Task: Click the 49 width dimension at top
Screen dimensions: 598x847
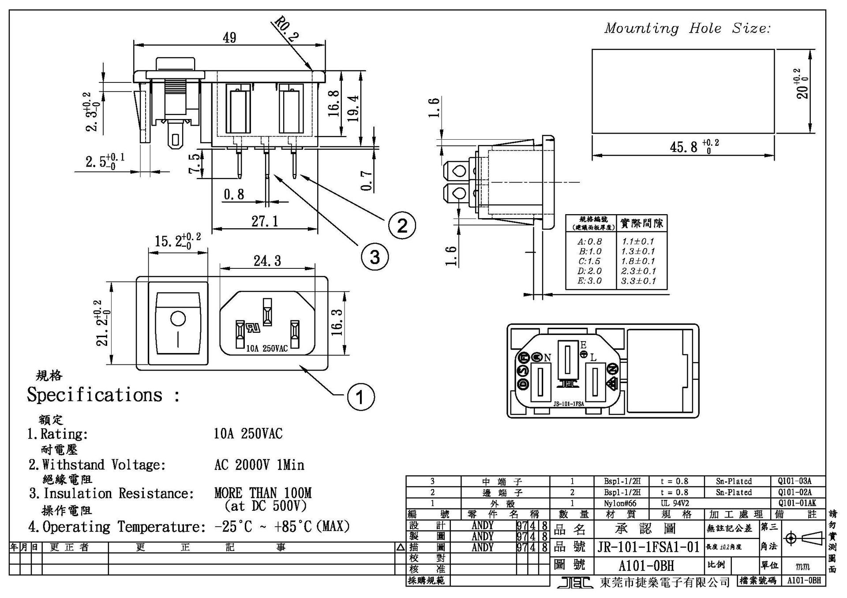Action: (x=229, y=38)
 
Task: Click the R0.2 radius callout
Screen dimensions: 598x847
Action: (x=286, y=30)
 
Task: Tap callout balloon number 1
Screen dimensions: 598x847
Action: (x=361, y=397)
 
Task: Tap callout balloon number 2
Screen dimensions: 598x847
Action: (x=402, y=226)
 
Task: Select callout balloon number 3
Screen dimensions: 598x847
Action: (x=375, y=256)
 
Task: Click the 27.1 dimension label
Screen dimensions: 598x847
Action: (x=265, y=221)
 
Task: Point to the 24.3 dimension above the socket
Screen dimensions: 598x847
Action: (x=267, y=261)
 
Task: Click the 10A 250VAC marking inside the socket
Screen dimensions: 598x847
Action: (x=266, y=349)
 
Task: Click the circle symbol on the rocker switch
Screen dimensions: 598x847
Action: (x=178, y=319)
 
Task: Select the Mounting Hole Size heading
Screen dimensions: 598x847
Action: (x=687, y=29)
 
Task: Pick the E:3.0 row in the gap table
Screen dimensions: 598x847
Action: (x=589, y=281)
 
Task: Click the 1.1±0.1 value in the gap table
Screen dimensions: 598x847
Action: (x=638, y=241)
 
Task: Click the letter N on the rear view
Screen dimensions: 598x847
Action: (x=547, y=358)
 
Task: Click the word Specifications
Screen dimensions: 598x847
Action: (x=94, y=395)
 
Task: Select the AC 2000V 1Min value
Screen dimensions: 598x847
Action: (x=259, y=465)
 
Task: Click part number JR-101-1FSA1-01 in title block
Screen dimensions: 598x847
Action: (x=648, y=547)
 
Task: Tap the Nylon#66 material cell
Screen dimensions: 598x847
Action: (x=621, y=503)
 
